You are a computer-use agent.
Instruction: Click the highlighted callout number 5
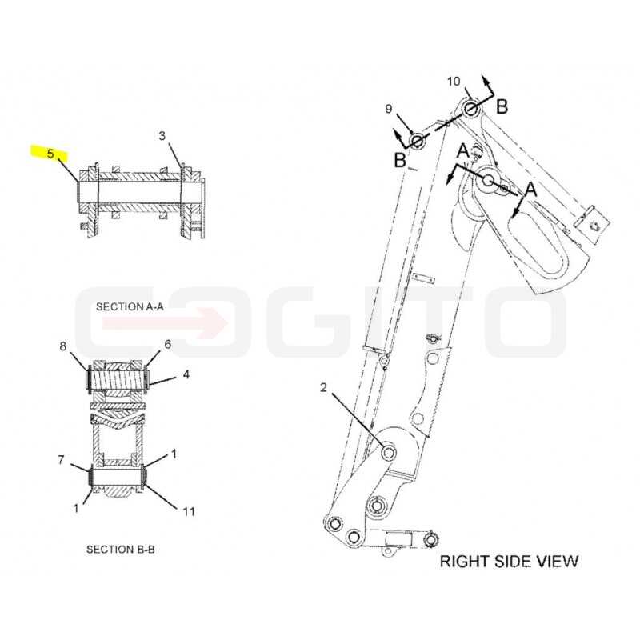(50, 154)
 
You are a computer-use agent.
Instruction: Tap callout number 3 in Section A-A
(162, 135)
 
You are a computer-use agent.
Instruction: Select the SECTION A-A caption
(130, 306)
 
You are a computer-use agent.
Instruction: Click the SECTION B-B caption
(121, 550)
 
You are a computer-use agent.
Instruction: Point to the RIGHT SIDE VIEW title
(509, 562)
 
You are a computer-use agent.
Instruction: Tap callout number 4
(186, 374)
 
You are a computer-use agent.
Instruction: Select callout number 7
(61, 461)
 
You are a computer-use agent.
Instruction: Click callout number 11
(189, 511)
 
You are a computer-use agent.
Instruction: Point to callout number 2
(323, 387)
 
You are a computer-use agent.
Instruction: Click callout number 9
(389, 109)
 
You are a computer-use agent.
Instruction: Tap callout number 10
(454, 82)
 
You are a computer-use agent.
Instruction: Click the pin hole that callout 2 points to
(388, 452)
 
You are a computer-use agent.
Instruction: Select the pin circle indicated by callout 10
(470, 109)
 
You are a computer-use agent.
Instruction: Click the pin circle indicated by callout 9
(417, 142)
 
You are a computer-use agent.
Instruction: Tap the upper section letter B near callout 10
(502, 107)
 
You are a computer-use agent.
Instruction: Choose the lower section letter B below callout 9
(400, 160)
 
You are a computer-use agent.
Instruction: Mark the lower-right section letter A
(530, 190)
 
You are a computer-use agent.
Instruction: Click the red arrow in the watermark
(166, 323)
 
